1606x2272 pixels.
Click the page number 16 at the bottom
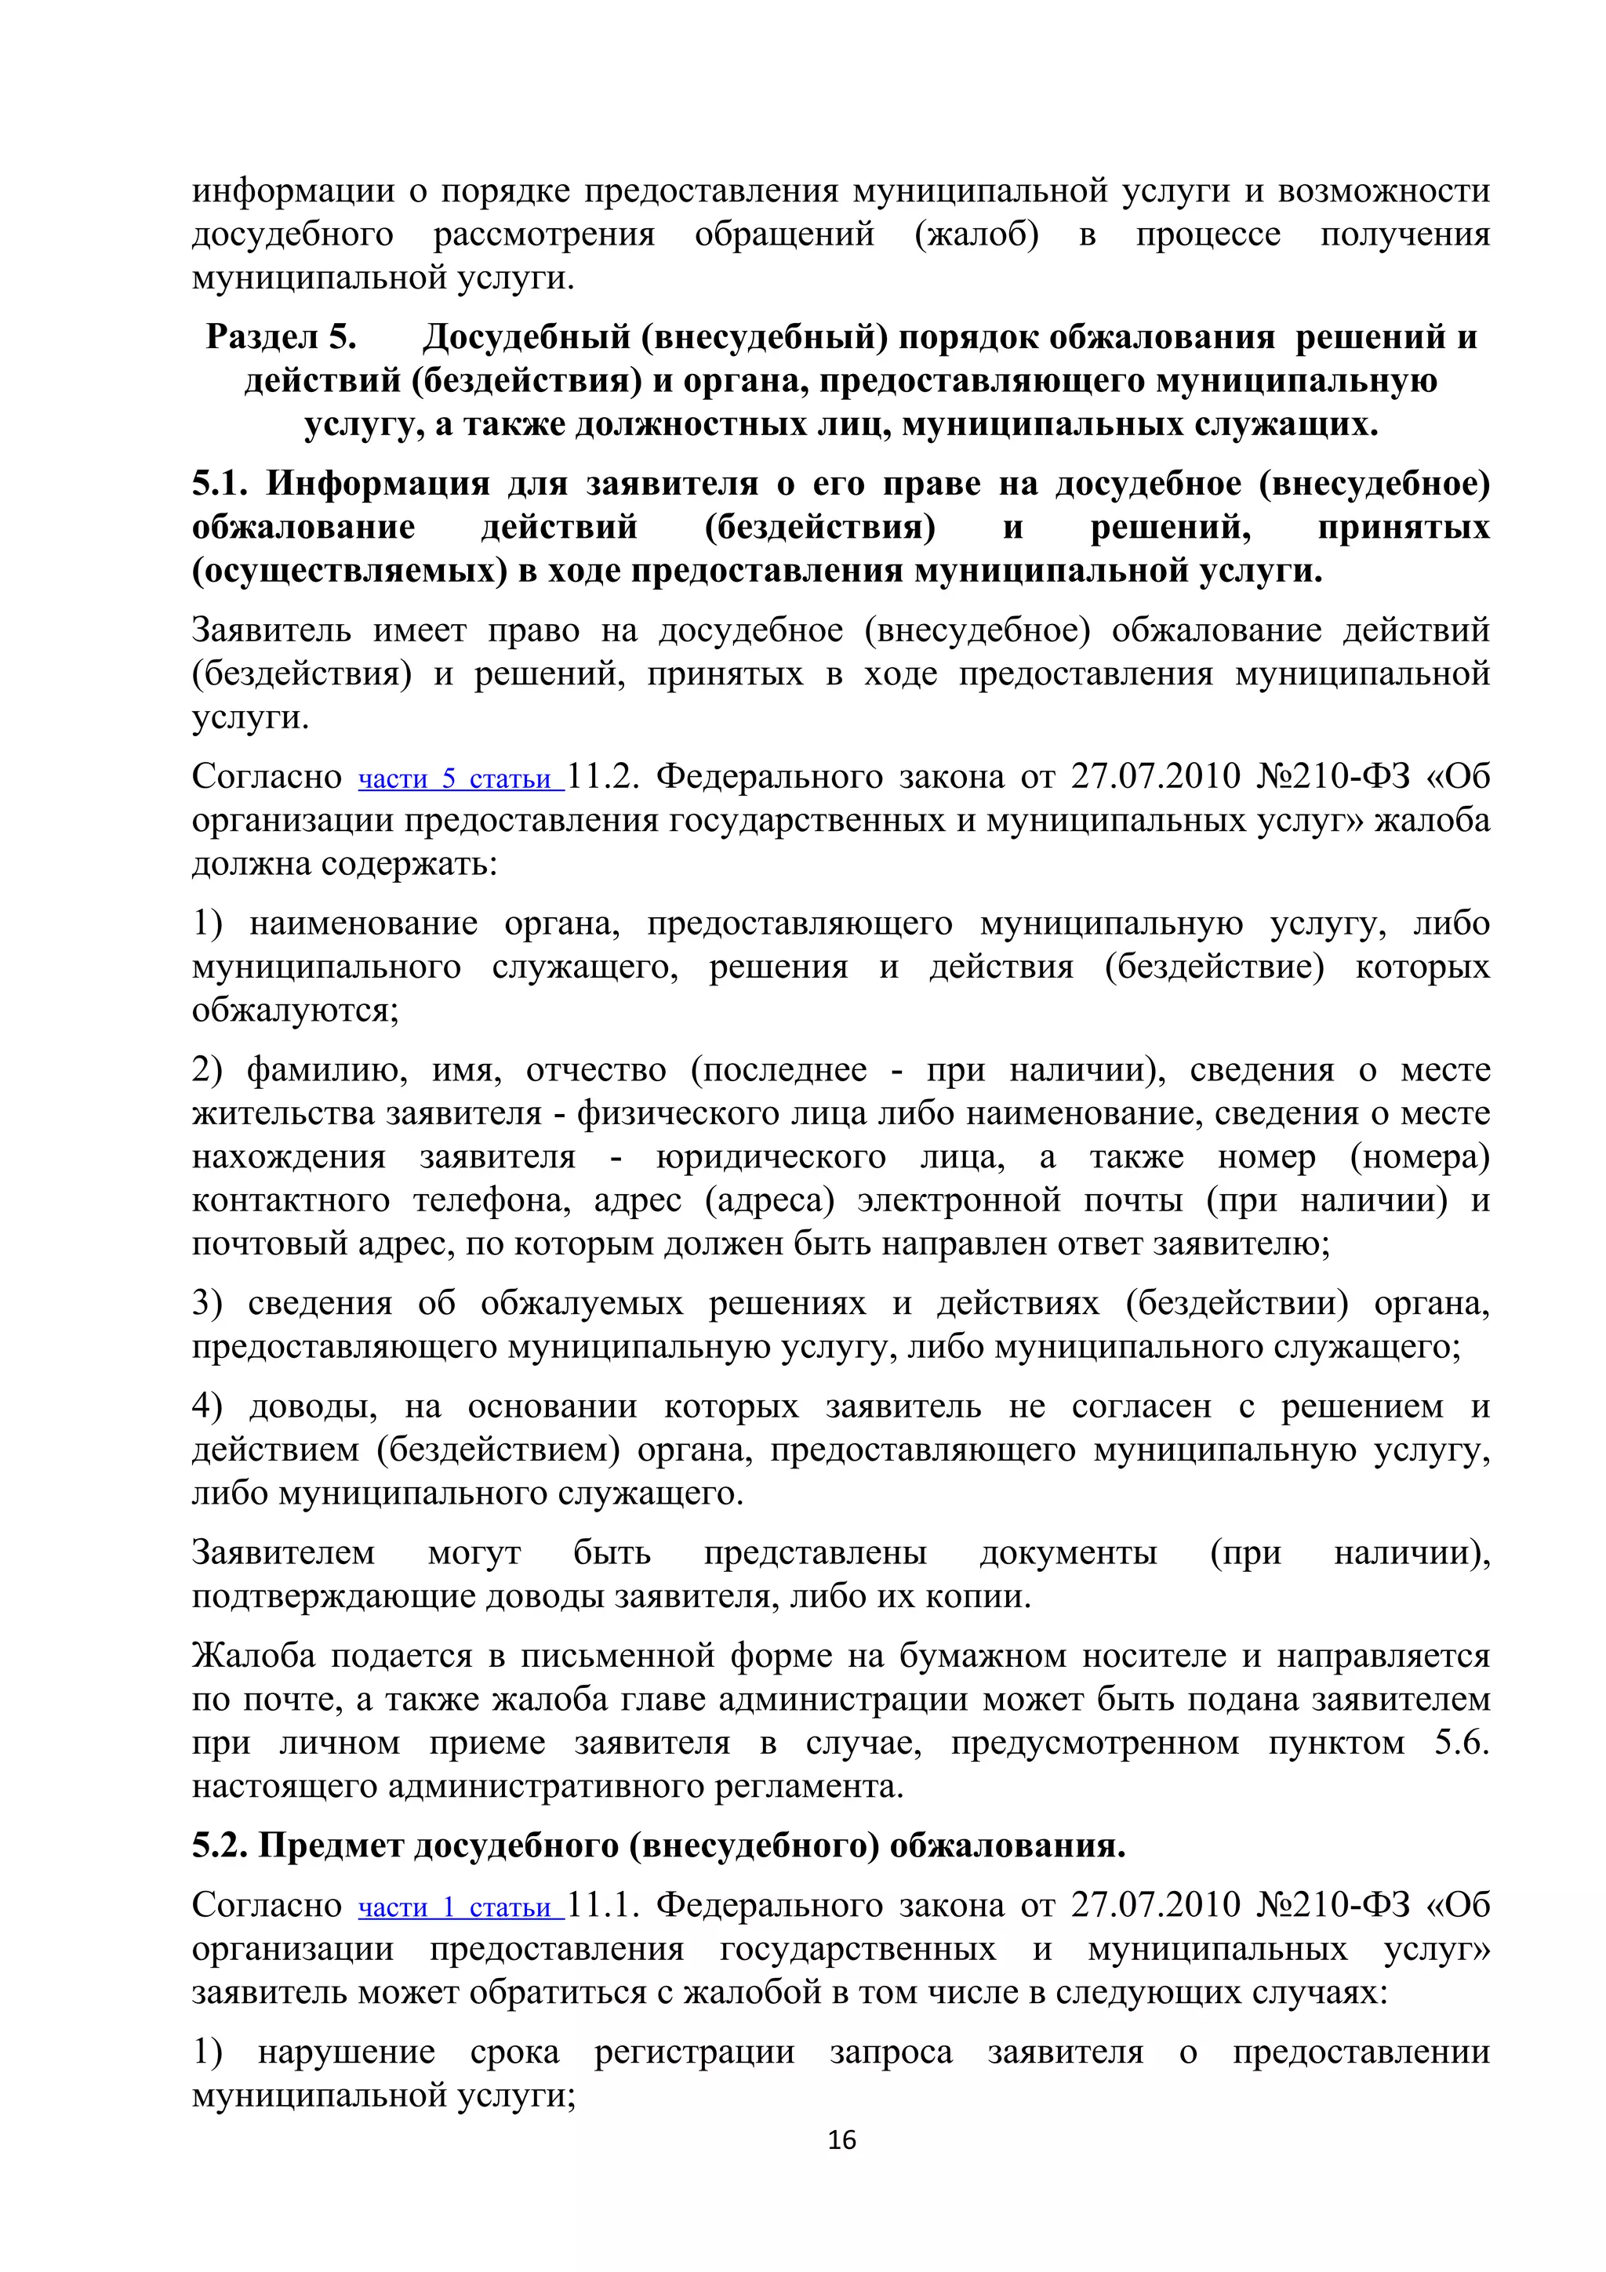tap(841, 2140)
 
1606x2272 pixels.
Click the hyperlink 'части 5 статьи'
tap(460, 779)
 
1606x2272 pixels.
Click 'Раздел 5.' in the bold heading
tap(281, 337)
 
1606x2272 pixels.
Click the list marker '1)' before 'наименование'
tap(207, 924)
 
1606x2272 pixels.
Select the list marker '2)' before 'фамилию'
tap(207, 1069)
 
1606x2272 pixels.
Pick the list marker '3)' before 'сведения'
tap(207, 1303)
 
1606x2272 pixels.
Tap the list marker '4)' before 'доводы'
tap(207, 1406)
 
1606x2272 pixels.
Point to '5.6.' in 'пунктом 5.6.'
tap(1462, 1743)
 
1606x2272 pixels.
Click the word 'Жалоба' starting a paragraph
tap(253, 1656)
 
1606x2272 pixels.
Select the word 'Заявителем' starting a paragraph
tap(283, 1552)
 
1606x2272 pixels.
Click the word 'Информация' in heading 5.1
tap(378, 484)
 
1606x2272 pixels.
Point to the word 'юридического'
tap(770, 1157)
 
